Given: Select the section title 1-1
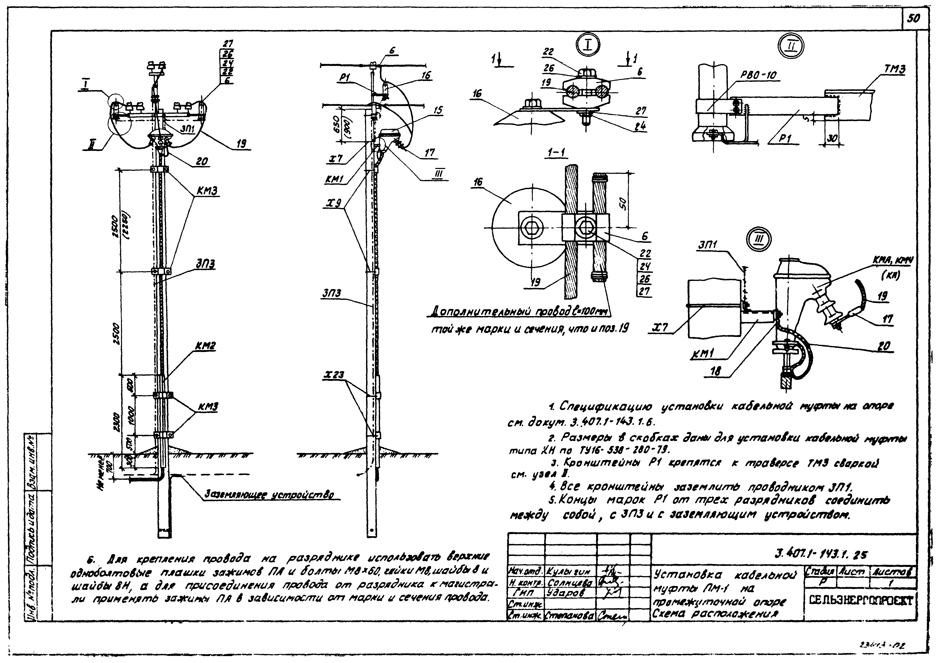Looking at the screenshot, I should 557,153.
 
